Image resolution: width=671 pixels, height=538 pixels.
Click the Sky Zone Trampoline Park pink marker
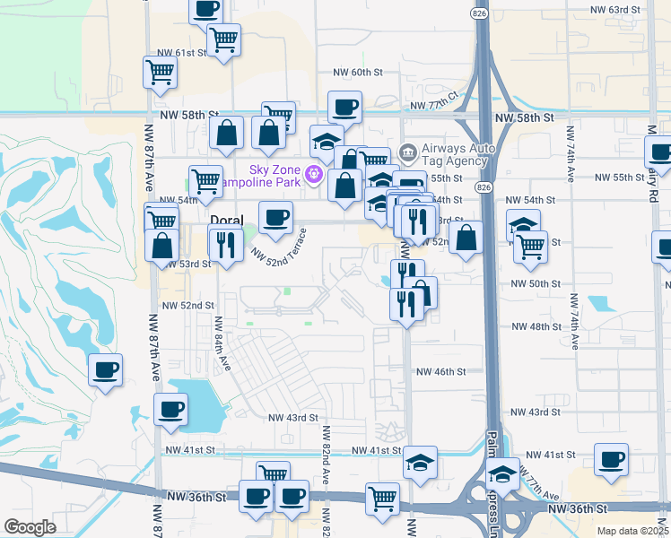click(314, 173)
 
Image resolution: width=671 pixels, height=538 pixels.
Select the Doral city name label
click(226, 220)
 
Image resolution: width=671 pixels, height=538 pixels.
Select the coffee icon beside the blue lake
click(170, 410)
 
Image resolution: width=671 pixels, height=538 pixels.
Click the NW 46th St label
click(440, 371)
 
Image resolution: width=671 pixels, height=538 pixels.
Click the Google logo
click(30, 527)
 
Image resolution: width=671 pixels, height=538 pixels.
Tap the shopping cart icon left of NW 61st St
click(160, 73)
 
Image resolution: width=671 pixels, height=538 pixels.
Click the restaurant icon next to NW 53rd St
click(225, 244)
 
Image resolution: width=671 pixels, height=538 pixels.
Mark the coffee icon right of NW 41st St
click(612, 459)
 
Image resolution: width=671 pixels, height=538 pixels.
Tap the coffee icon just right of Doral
click(275, 217)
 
